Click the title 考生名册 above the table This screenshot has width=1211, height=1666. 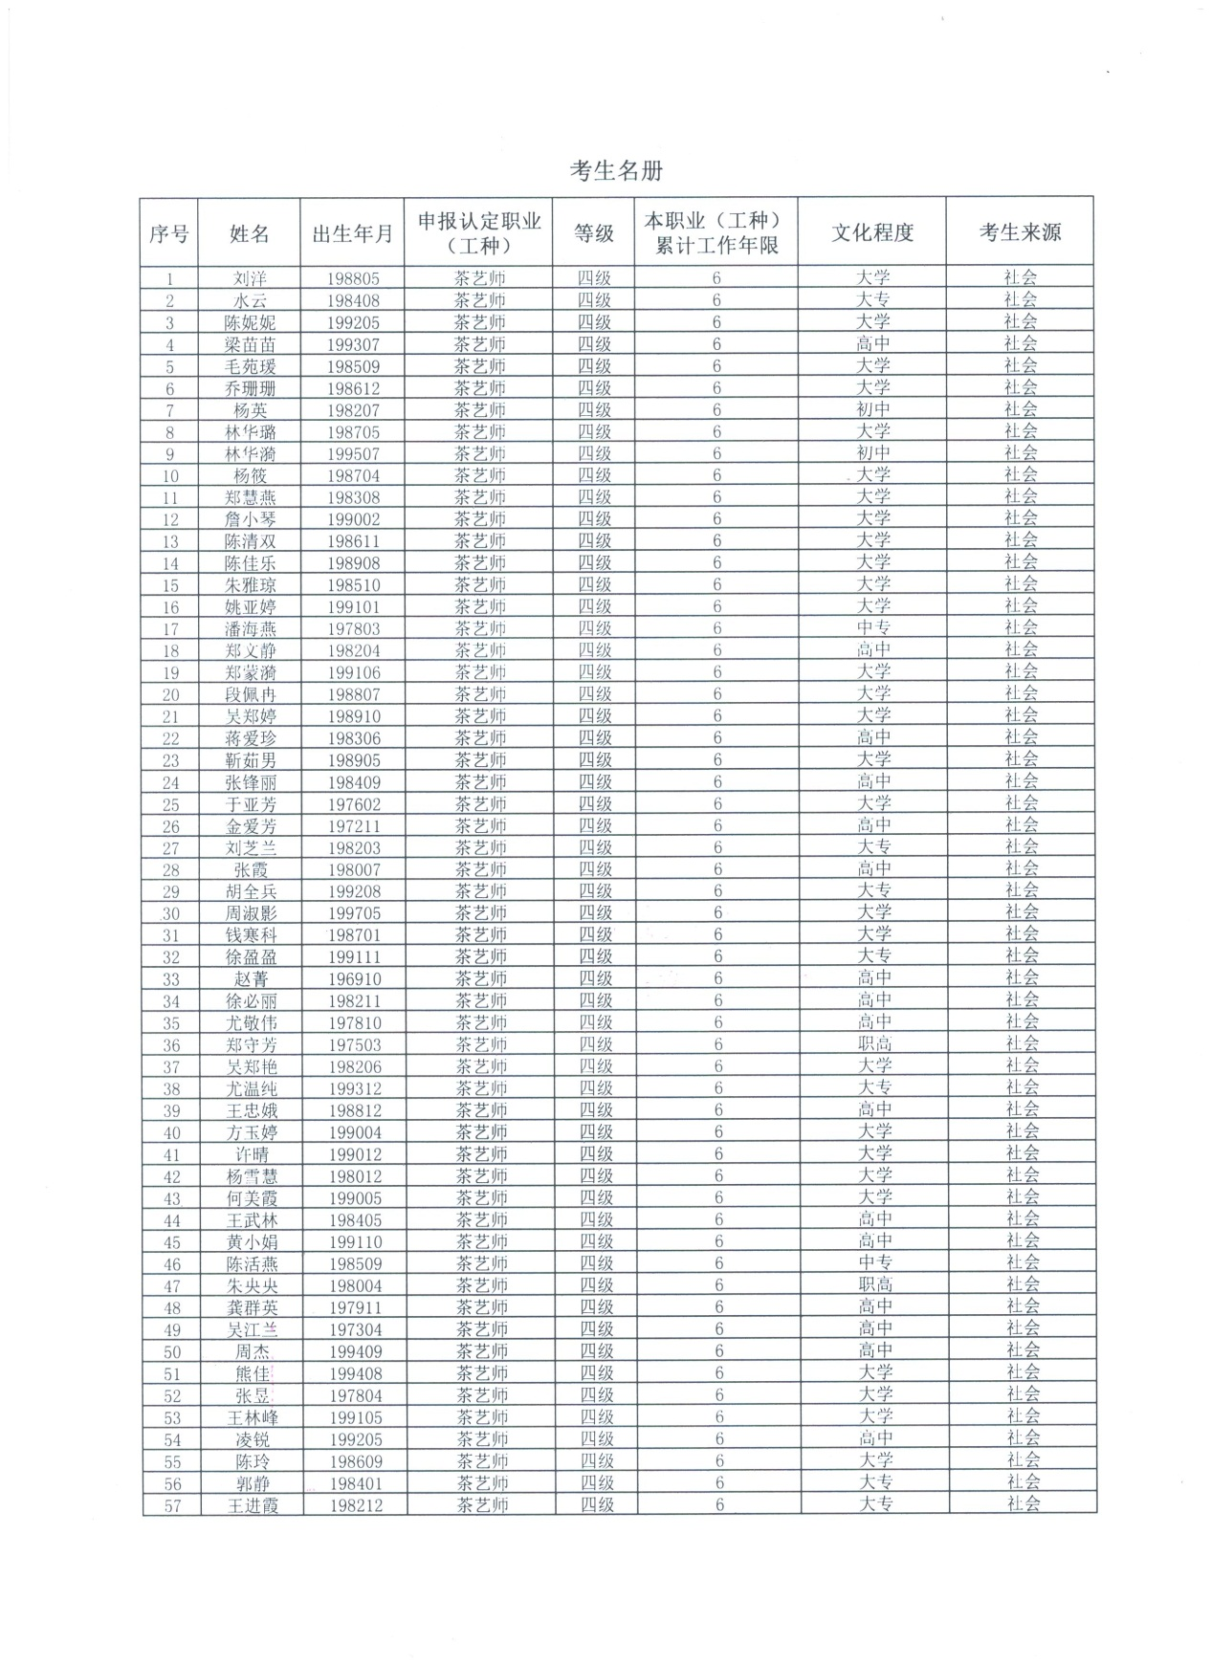[616, 171]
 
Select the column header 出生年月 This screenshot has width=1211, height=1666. [352, 233]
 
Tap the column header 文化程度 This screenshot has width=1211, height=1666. [871, 232]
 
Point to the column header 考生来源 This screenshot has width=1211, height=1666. [1020, 232]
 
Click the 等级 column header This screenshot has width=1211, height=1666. [593, 233]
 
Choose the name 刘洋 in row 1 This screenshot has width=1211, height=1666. [250, 279]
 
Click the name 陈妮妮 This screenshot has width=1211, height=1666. [250, 323]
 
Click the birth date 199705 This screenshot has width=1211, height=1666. [354, 913]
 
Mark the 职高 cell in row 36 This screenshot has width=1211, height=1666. [874, 1044]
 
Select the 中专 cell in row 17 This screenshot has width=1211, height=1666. [873, 628]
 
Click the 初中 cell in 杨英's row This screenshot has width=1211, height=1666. [872, 409]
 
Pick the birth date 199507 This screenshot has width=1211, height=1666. [353, 454]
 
